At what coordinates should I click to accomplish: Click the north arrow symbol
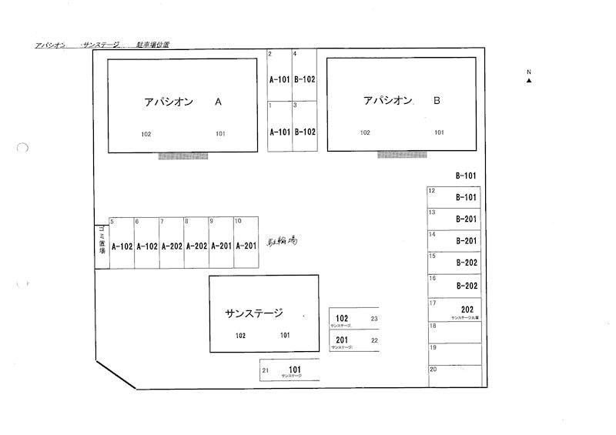[x=529, y=79]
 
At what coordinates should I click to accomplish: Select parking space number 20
[x=455, y=375]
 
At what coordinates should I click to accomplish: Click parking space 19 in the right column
[x=455, y=353]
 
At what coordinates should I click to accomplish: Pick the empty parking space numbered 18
[x=455, y=331]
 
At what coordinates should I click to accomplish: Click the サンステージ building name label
[x=254, y=313]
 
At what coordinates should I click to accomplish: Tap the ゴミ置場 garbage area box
[x=101, y=246]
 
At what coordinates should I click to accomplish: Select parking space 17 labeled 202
[x=455, y=310]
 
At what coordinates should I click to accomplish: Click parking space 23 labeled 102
[x=353, y=319]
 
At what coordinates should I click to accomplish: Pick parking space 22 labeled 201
[x=353, y=340]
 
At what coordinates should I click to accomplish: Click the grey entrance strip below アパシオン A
[x=183, y=156]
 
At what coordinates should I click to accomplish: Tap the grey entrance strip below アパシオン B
[x=402, y=155]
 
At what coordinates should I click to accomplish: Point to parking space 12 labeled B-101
[x=455, y=197]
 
